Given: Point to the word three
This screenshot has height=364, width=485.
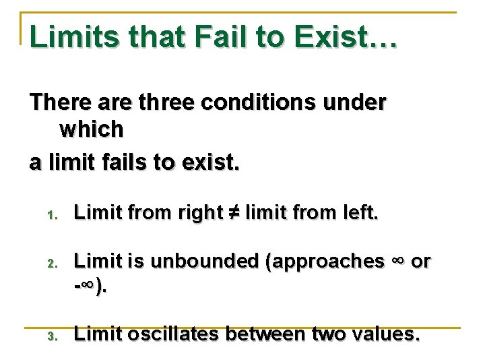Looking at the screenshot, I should (160, 103).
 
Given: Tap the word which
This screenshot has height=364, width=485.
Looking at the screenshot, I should (92, 129).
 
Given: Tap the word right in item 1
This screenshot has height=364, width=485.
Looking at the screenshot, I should (199, 213).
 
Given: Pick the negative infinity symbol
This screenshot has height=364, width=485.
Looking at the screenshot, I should (87, 287).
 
